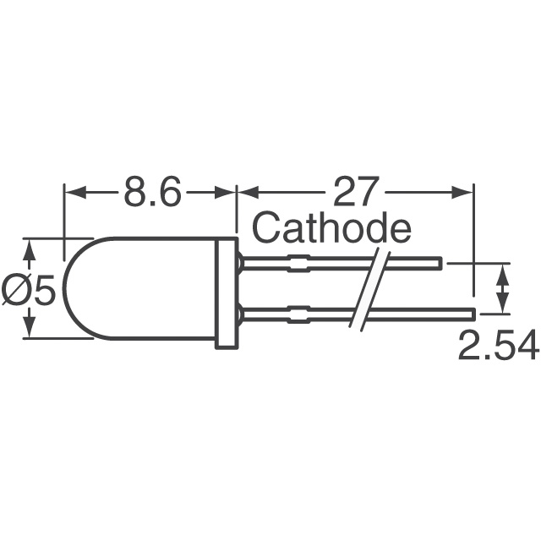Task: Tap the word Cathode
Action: (331, 229)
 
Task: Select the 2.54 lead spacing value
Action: (497, 346)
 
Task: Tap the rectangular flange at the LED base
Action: (226, 292)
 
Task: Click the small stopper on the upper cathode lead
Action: (298, 264)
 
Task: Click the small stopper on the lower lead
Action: (298, 315)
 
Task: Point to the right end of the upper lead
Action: (440, 264)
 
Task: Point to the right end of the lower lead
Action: (473, 315)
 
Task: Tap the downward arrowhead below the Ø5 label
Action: (30, 331)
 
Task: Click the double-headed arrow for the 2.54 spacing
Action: (505, 289)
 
